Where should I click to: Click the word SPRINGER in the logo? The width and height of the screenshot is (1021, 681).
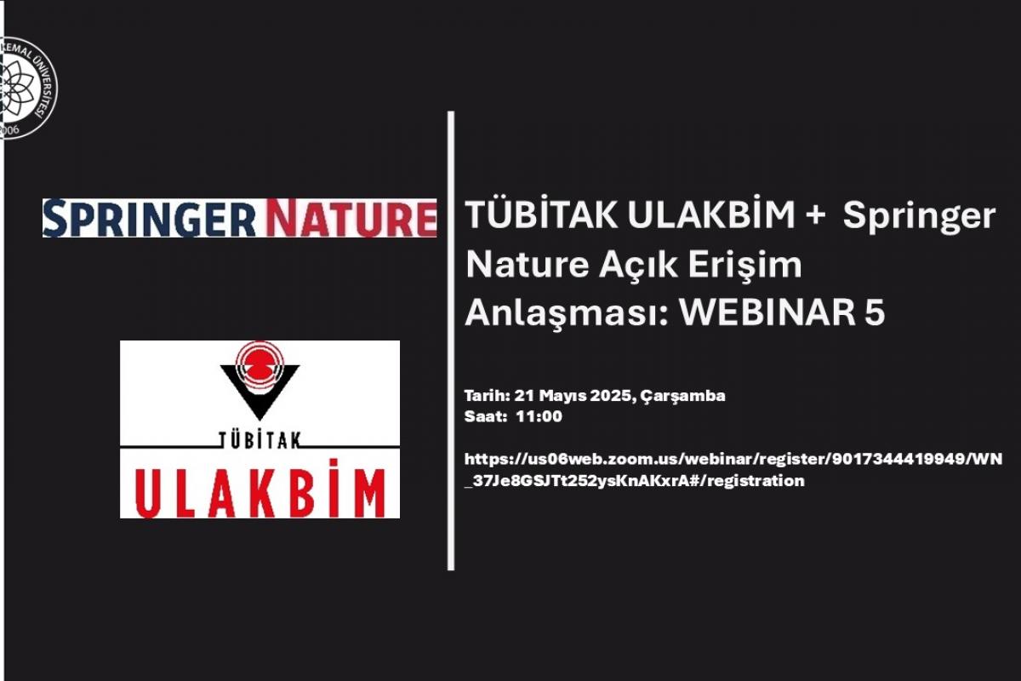150,218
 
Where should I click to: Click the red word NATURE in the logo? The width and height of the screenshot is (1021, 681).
351,218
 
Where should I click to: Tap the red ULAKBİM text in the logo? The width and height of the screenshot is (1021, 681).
260,489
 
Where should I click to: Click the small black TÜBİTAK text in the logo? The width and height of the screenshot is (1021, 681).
260,440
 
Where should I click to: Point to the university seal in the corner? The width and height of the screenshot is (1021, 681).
28,88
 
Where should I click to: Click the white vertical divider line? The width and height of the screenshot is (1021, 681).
451,340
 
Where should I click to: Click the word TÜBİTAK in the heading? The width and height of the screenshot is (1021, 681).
542,215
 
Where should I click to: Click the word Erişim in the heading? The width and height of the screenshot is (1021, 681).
744,266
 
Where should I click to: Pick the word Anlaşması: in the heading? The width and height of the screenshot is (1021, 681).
567,313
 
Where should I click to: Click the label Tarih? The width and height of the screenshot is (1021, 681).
487,396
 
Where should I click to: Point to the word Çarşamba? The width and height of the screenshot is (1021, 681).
682,396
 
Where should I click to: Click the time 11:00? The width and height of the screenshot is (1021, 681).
539,416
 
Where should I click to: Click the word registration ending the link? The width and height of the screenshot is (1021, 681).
757,481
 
